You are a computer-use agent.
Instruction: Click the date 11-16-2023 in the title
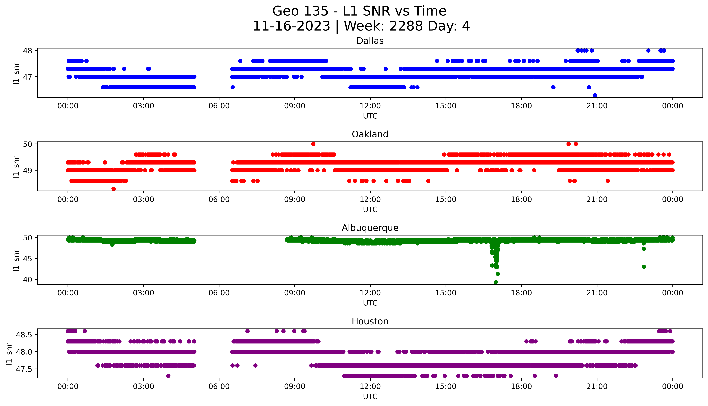coord(291,26)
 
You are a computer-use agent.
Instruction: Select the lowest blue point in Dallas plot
coord(595,95)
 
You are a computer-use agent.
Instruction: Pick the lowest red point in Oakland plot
coord(113,189)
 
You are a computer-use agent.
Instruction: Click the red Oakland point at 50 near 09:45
coord(313,144)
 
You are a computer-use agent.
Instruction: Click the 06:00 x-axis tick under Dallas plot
coord(219,106)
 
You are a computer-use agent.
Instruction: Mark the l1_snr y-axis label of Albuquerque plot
coord(16,260)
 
